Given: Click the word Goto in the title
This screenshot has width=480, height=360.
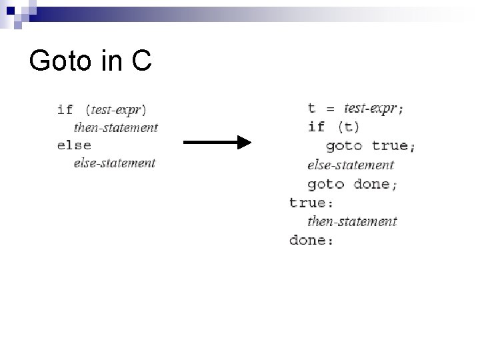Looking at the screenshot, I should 61,62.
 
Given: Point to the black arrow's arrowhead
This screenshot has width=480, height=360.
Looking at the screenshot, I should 244,143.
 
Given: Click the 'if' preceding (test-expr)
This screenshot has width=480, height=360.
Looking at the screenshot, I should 65,109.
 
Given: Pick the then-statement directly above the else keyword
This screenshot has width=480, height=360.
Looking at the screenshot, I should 115,127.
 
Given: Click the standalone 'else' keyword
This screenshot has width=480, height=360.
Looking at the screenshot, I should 74,145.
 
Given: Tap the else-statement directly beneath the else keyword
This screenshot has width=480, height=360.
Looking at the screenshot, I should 114,163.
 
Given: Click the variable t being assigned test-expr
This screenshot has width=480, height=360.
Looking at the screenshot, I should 311,108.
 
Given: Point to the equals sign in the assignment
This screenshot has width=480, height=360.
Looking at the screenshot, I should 329,109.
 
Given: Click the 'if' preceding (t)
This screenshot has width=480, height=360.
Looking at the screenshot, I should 316,127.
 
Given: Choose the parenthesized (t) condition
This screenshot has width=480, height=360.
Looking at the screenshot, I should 348,127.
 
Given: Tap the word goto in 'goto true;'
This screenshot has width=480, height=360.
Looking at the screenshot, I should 343,145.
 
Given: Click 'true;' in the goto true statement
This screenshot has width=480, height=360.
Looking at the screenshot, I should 393,145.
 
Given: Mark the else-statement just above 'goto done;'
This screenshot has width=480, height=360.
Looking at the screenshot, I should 351,165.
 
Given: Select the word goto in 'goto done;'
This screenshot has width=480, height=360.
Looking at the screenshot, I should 325,184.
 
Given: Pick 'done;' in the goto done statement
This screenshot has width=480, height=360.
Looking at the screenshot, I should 376,184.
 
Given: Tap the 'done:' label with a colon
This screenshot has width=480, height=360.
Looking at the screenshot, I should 311,240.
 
